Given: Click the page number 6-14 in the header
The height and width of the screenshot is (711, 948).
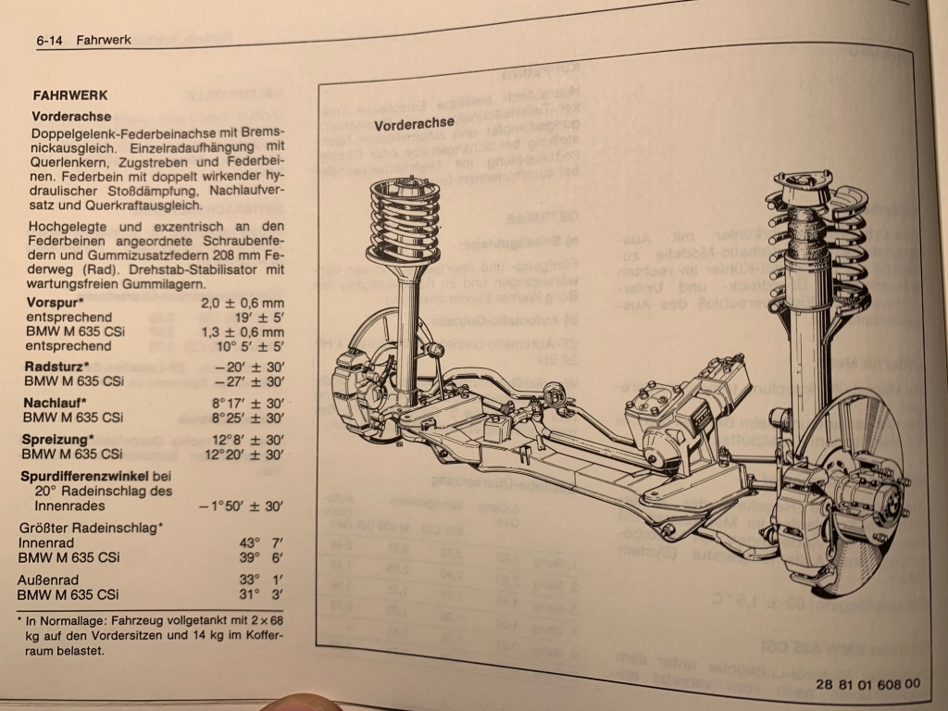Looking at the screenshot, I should pos(51,41).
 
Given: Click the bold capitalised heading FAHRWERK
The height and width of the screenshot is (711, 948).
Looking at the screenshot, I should pos(69,94).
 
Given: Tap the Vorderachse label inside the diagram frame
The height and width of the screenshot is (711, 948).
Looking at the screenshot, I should pos(414,123).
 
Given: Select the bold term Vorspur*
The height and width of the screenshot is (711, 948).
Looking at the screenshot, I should pos(56,302).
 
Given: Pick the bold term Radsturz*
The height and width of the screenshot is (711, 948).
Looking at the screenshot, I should pos(56,367).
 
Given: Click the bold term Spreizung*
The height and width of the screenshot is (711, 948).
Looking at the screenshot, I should pos(57,439).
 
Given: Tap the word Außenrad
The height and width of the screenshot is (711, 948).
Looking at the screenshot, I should pos(44,580).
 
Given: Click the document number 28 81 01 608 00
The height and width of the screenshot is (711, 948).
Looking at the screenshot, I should pos(868,683).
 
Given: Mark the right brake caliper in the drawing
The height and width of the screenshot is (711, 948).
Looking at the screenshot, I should pos(805,505).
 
